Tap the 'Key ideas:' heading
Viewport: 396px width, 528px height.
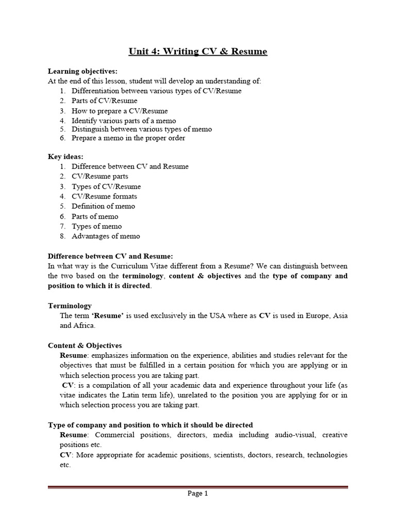(x=65, y=156)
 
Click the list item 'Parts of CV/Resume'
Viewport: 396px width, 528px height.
(x=104, y=101)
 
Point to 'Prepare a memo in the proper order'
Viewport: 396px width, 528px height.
(x=128, y=138)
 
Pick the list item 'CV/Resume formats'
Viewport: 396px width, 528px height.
(x=104, y=196)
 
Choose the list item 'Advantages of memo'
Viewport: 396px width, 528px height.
(x=106, y=236)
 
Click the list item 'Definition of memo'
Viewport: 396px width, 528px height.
(x=103, y=206)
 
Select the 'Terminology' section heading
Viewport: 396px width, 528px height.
(x=70, y=306)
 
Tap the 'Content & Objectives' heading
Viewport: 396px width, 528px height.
(x=85, y=345)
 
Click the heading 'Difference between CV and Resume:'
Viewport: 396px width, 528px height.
(x=110, y=256)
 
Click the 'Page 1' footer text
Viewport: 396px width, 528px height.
(x=197, y=493)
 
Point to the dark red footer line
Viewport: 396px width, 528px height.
(x=197, y=486)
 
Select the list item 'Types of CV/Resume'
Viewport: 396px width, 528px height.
(x=106, y=187)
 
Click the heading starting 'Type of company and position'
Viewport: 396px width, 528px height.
(x=150, y=425)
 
